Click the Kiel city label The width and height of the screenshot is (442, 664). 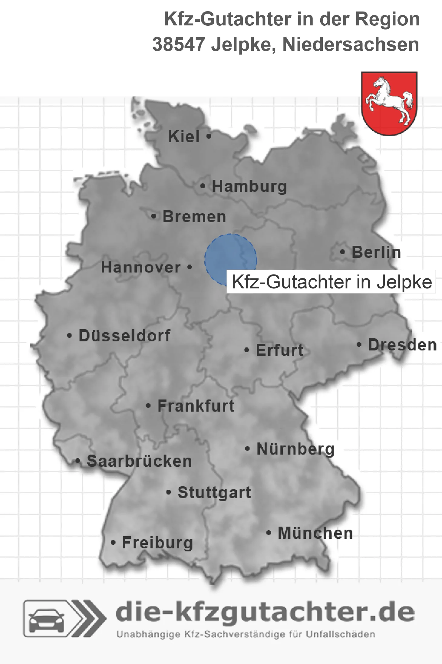coord(184,136)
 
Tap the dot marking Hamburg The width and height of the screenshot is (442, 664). coord(203,186)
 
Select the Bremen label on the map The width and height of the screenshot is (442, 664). coord(194,217)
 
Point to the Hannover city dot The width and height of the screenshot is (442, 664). coord(190,267)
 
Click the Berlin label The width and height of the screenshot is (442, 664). coord(376,252)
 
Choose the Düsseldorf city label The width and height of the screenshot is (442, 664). coord(124,336)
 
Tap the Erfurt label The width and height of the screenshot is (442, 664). coord(279,350)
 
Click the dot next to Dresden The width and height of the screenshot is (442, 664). coord(359,344)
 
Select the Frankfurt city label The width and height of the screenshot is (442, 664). coord(196,406)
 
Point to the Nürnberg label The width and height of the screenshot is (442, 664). coord(295,449)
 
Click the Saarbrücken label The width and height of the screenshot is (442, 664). coord(139,461)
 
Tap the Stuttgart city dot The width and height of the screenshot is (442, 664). coord(169,492)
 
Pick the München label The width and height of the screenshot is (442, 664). coord(315,533)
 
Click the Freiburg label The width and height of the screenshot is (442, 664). coord(157,543)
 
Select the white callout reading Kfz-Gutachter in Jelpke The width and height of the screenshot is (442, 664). coord(331,282)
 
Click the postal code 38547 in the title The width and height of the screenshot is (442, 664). coord(179,44)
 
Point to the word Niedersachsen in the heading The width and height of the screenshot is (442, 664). coord(351,44)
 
